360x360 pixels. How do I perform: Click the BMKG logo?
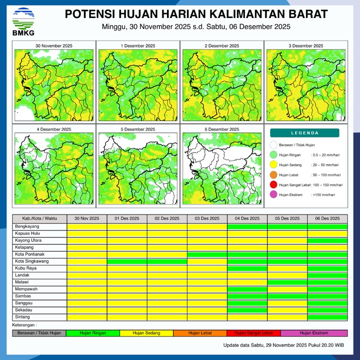click(x=23, y=20)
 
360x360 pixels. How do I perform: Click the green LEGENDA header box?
click(x=304, y=133)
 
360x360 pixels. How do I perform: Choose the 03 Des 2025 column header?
click(x=207, y=219)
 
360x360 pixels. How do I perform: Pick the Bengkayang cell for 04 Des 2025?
click(x=247, y=226)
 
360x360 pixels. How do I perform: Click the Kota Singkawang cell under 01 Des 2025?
click(x=127, y=261)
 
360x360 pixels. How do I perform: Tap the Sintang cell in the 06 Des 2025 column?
click(x=327, y=317)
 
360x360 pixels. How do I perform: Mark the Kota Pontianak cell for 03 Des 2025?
click(x=207, y=254)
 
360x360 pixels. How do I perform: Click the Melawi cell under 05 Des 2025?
click(x=287, y=282)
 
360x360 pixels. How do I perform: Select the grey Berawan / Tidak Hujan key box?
click(x=39, y=333)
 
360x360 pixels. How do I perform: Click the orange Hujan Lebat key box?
click(x=200, y=333)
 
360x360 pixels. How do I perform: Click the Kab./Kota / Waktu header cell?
click(x=39, y=219)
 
